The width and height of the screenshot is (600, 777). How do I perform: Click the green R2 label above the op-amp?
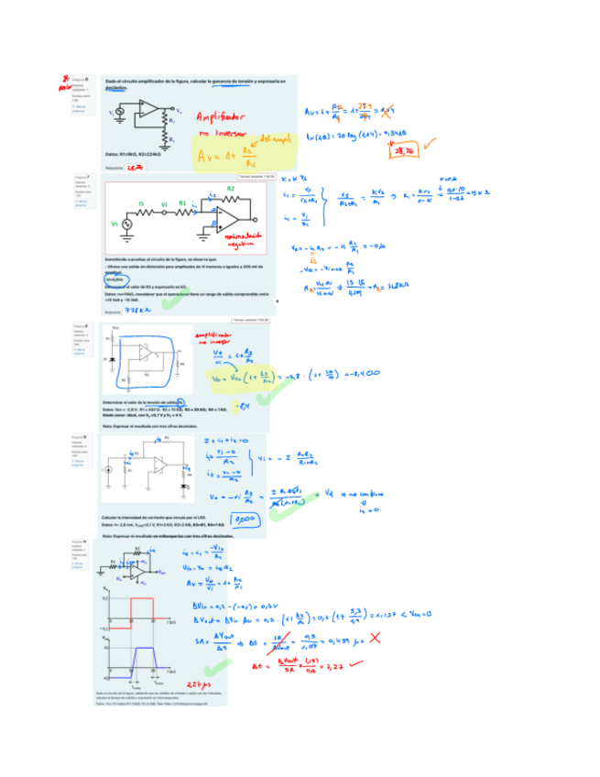tap(230, 188)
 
